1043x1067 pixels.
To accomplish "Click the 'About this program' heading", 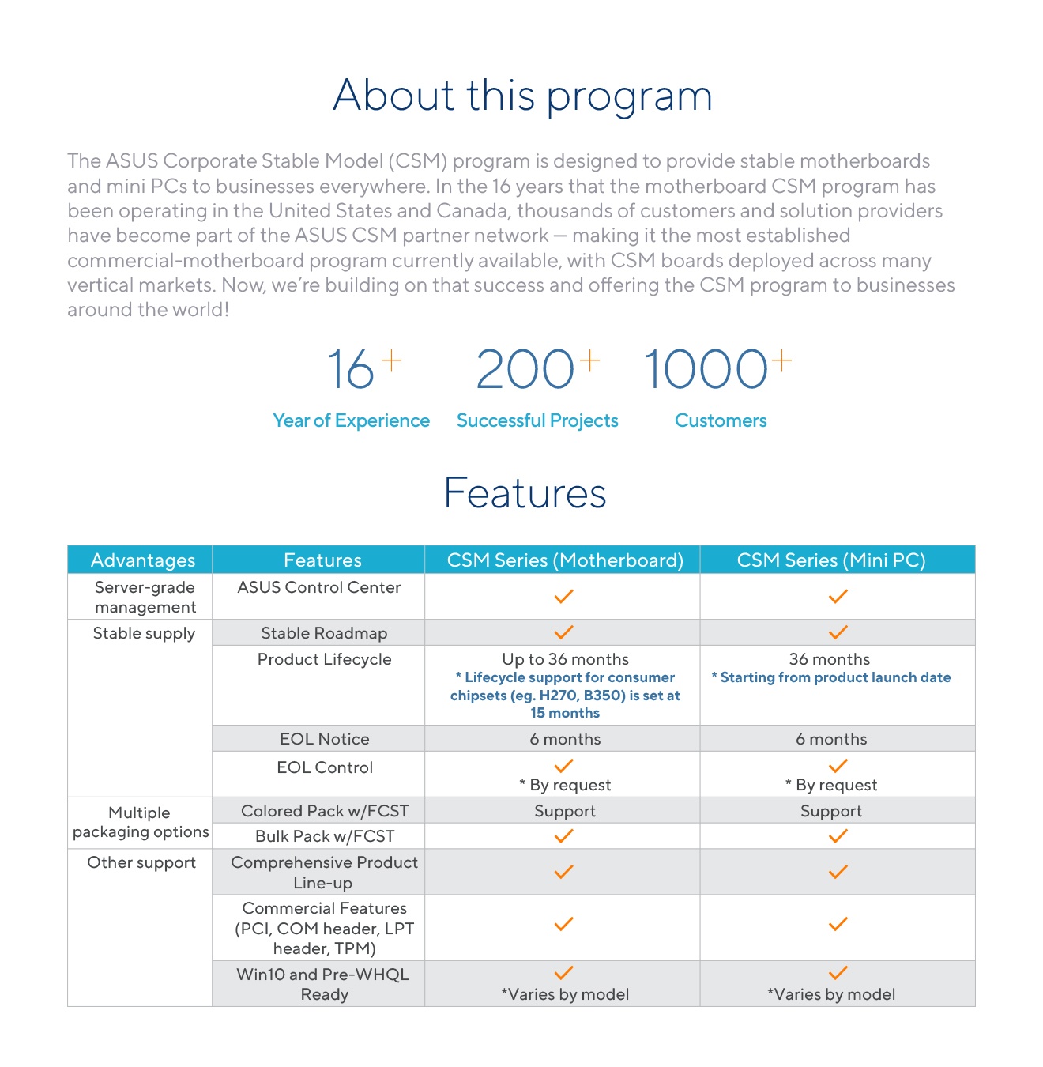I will [x=522, y=96].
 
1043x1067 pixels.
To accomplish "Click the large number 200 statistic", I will [x=525, y=370].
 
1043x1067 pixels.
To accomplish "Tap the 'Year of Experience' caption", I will [x=351, y=420].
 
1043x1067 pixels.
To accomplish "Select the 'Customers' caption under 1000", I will [x=721, y=420].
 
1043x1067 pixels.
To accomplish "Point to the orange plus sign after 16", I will [x=392, y=361].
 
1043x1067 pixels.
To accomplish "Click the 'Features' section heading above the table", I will [x=525, y=493].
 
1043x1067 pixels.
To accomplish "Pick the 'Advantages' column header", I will [x=143, y=560].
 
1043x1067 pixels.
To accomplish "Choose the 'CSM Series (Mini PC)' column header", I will [x=831, y=560].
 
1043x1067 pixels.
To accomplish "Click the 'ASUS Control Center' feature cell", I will [x=319, y=587].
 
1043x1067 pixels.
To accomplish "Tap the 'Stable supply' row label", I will [x=144, y=633].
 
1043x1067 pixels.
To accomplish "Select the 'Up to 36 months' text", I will [x=565, y=659].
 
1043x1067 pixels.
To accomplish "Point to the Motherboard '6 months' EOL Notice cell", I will [x=565, y=739].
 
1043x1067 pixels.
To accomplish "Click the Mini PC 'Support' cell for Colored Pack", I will [x=831, y=811].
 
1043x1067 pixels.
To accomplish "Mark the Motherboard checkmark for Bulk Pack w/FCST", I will [x=563, y=836].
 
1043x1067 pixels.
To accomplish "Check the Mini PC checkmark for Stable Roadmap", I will [x=838, y=632].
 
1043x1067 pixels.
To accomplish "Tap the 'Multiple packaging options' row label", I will [x=141, y=822].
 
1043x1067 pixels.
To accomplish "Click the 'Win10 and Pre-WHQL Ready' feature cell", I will [x=323, y=984].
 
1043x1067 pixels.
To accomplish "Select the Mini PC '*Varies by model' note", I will [x=831, y=994].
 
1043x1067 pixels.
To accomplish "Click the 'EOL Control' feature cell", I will [x=325, y=767].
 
